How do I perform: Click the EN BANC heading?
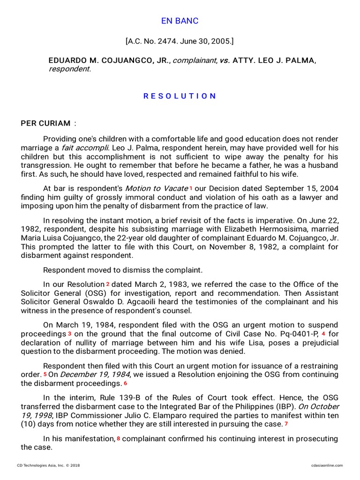(180, 21)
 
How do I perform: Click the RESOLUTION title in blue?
(180, 96)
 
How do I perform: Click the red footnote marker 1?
(191, 188)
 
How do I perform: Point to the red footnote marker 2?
(107, 284)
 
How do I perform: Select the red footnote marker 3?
(69, 334)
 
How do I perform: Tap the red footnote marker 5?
(45, 375)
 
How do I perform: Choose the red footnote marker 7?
(286, 424)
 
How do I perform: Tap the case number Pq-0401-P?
(295, 334)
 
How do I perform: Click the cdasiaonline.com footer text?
(327, 465)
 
